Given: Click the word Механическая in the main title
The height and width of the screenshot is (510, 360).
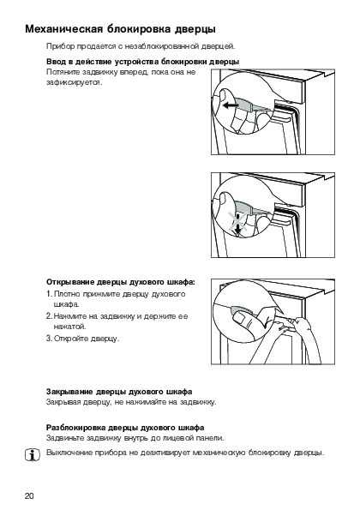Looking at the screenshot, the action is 63,29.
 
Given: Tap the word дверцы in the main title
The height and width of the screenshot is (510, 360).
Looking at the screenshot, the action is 196,29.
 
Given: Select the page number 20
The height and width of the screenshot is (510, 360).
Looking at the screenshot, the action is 29,495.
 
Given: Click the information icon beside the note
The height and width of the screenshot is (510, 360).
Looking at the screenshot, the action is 33,454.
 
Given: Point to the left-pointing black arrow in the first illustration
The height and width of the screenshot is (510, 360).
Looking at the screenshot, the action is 231,105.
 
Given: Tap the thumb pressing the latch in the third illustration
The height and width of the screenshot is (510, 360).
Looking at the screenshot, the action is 241,318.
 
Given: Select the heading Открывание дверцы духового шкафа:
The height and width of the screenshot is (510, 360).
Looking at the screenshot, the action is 121,282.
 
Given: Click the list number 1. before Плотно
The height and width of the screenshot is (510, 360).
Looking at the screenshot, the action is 50,294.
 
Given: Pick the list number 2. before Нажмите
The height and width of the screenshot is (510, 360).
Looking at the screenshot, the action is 50,315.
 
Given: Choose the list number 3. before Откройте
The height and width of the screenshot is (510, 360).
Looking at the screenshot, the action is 50,339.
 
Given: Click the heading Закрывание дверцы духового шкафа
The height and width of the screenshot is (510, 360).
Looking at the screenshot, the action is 119,391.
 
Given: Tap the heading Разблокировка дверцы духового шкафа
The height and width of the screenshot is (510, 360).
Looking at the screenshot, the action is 125,427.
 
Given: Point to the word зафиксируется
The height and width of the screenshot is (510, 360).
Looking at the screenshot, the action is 75,82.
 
